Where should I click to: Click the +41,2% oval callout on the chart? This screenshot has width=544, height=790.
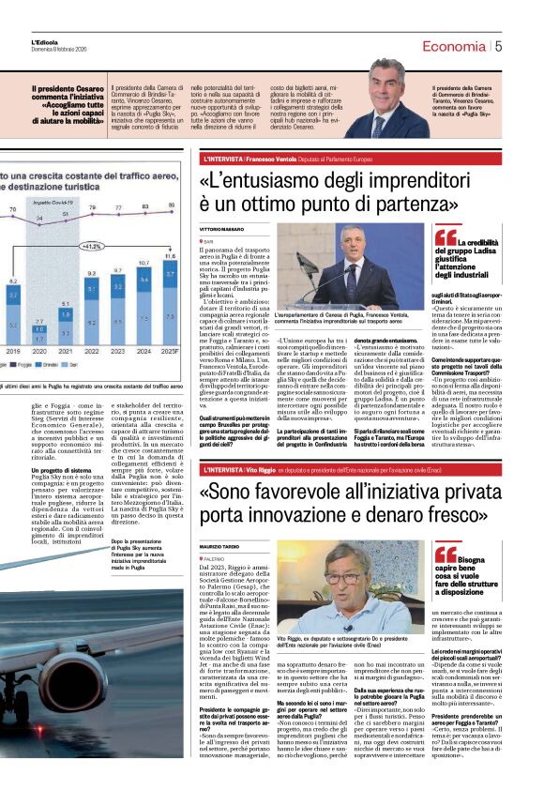pos(92,247)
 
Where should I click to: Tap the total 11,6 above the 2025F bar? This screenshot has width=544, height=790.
pos(171,255)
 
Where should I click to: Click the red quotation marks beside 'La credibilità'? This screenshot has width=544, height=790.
pos(445,236)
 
